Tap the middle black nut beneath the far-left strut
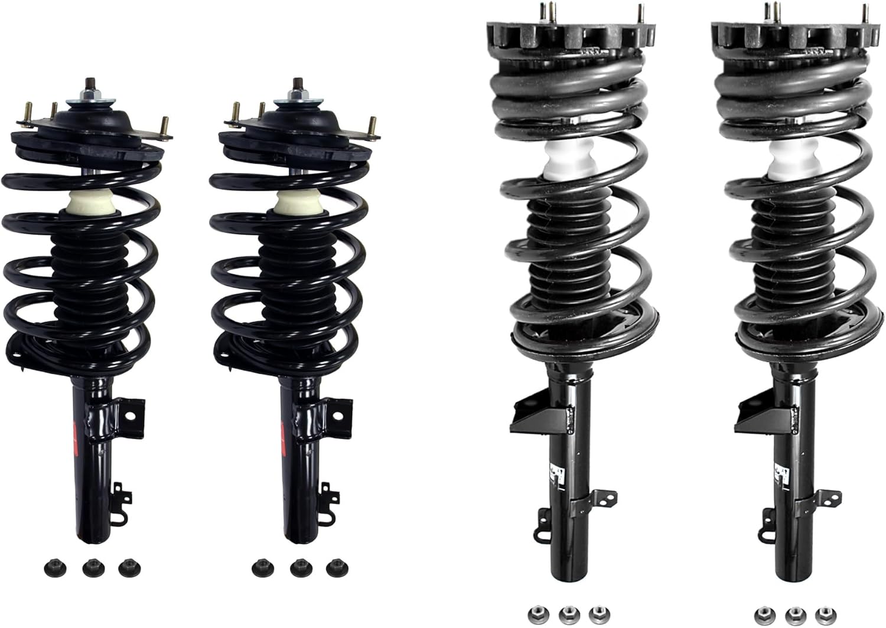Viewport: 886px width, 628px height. (x=90, y=568)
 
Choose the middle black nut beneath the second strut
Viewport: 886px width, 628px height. (x=298, y=568)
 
